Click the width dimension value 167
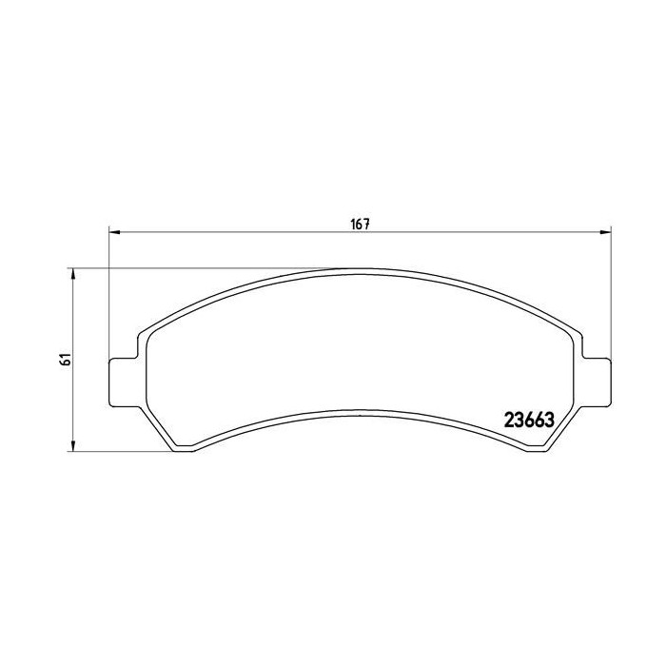[x=361, y=225]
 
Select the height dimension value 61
[x=66, y=360]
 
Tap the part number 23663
[x=529, y=421]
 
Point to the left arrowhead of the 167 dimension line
[x=115, y=232]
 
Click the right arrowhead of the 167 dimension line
[x=605, y=232]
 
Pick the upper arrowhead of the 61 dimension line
[x=73, y=274]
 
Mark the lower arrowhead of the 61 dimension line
[x=73, y=445]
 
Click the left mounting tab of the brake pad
[x=124, y=382]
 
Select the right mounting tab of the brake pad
[x=597, y=382]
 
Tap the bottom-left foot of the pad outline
[x=184, y=448]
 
